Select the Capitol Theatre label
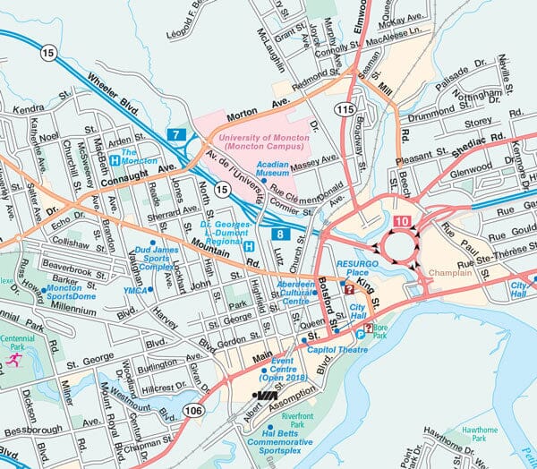point(333,351)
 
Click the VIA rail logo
point(266,394)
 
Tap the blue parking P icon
point(360,334)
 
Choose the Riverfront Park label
point(296,416)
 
